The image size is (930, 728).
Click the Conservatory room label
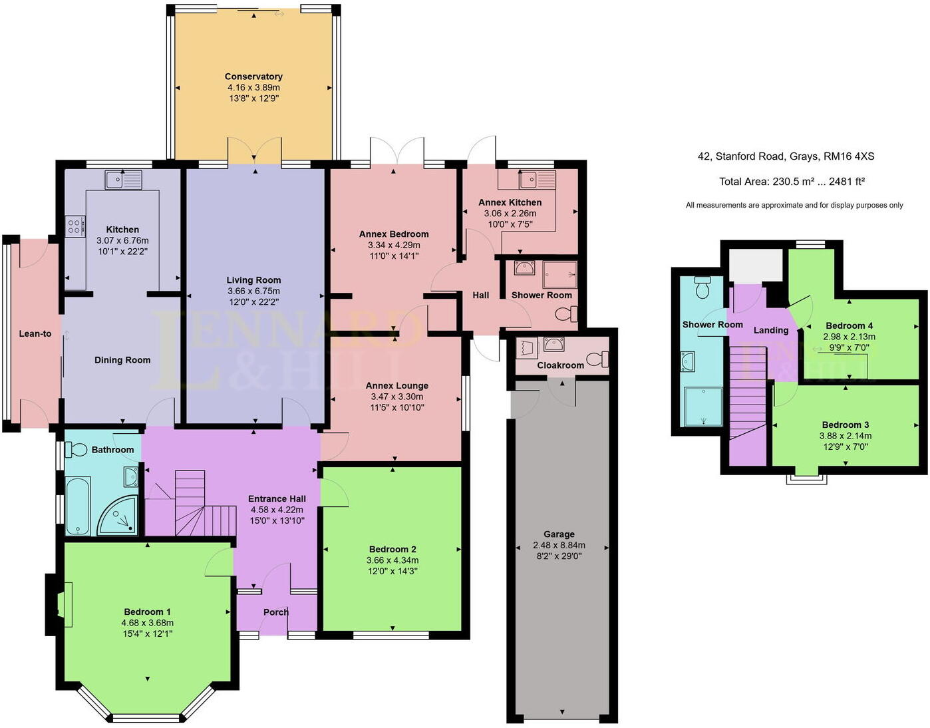coord(253,77)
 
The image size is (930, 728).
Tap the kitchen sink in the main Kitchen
coord(123,180)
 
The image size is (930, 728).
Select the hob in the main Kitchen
coord(75,226)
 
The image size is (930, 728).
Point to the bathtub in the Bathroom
coord(78,506)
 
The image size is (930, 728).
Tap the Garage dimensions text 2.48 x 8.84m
coord(559,545)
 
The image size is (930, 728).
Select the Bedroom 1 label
coord(147,612)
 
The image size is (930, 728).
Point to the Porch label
coord(276,612)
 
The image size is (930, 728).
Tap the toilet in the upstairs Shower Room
coord(702,287)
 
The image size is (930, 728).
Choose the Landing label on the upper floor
coord(771,330)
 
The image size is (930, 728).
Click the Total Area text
coord(792,181)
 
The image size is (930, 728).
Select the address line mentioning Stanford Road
coord(786,156)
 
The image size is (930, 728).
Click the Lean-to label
coord(35,333)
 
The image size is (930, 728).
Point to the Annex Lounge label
coord(397,385)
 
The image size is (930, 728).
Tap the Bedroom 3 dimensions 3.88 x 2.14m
coord(845,436)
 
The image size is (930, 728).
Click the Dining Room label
coord(122,360)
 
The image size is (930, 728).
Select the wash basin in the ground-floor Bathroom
coord(131,476)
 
